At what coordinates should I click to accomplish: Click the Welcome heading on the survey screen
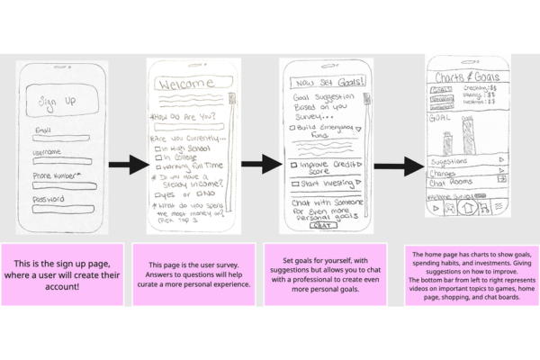[189, 83]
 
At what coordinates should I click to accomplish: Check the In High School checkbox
[157, 148]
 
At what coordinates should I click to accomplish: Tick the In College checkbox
[157, 157]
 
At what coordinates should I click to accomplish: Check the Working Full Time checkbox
[157, 167]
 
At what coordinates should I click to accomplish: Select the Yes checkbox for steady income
[157, 193]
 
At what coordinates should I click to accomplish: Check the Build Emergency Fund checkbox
[292, 129]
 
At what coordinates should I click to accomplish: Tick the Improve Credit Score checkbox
[292, 164]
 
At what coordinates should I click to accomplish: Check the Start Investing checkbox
[292, 183]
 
